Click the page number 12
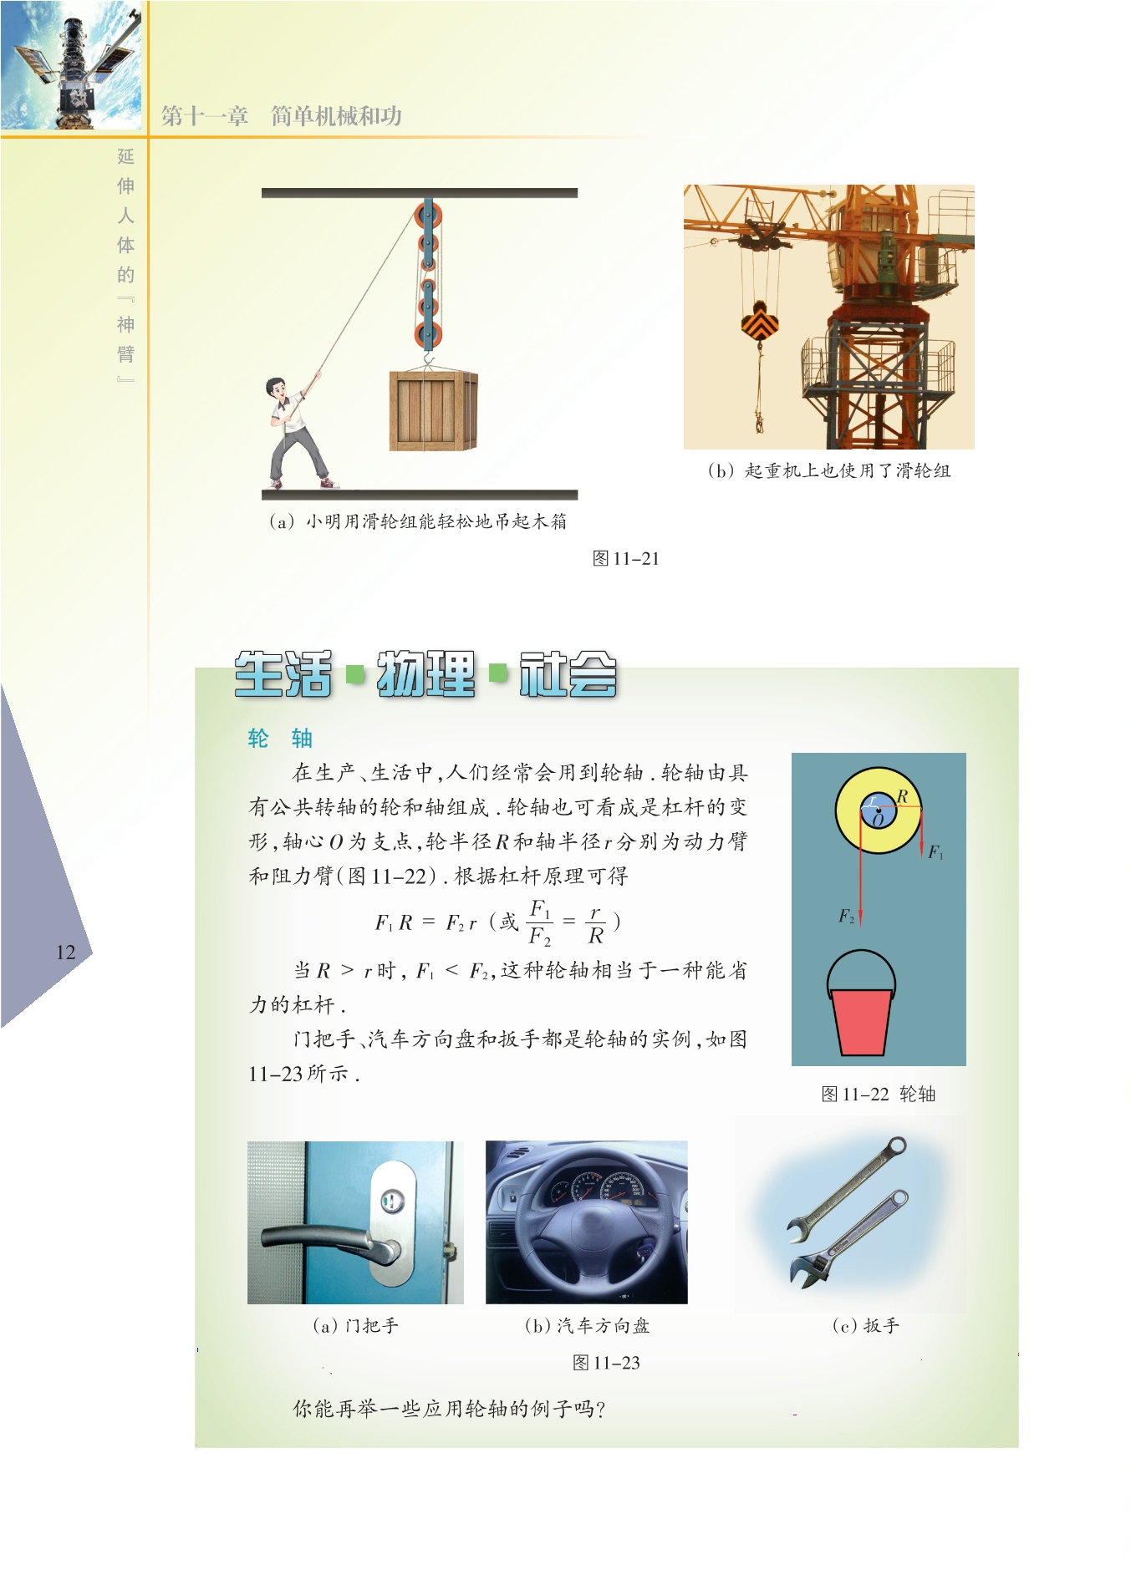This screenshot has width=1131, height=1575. click(x=65, y=952)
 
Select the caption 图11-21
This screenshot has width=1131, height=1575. click(x=625, y=558)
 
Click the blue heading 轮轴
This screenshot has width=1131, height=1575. click(x=280, y=738)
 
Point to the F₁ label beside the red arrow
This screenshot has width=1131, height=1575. click(x=935, y=852)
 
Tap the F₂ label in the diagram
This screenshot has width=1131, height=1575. click(x=846, y=917)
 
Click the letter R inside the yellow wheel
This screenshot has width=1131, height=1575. click(x=902, y=796)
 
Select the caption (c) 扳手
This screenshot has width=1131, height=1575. click(x=865, y=1325)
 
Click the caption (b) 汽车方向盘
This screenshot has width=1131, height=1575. click(x=587, y=1325)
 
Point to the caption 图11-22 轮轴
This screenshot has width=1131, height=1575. click(x=878, y=1094)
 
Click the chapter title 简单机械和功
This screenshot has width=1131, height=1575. click(x=336, y=116)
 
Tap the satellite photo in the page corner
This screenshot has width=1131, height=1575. click(x=71, y=65)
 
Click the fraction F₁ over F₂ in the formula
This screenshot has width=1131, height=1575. click(x=540, y=922)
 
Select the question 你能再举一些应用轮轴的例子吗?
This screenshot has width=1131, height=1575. click(x=449, y=1409)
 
